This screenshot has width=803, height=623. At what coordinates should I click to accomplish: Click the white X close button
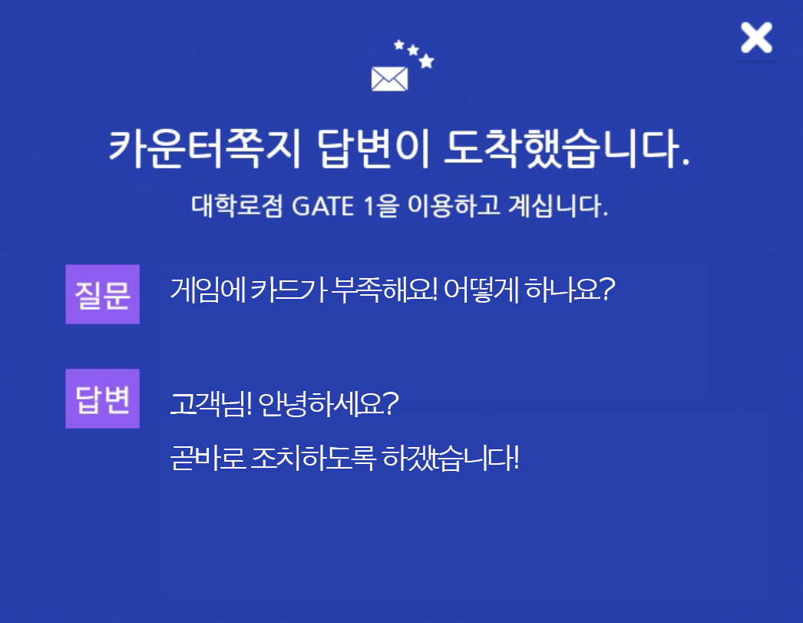pos(756,38)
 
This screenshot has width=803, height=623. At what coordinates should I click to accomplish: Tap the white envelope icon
pos(390,79)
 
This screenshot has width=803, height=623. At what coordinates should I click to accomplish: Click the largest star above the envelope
pos(426,61)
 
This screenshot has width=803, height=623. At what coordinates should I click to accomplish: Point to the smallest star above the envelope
pos(399,45)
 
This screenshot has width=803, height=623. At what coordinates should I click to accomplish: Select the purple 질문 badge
pos(102,294)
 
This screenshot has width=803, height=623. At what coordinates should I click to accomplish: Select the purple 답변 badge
pos(102,399)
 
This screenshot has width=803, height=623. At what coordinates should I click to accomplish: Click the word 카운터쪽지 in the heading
pos(204,148)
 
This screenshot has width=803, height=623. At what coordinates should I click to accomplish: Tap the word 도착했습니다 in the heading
pos(567,148)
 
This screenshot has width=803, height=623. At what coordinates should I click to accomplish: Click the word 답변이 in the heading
pos(373,148)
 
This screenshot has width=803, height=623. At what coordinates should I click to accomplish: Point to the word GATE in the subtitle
pos(322,207)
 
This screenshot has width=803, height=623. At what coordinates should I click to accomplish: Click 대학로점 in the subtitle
pos(236,206)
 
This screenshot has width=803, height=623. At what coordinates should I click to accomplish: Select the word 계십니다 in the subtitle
pos(558,206)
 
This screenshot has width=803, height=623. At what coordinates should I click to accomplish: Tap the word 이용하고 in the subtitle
pos(454,206)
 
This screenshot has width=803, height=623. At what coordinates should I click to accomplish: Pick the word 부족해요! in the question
pos(384,290)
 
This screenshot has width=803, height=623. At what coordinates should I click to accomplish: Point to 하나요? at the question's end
pos(570,290)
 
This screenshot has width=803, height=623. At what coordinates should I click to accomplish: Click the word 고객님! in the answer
pos(211,404)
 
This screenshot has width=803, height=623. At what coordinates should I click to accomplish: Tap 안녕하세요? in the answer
pos(329,404)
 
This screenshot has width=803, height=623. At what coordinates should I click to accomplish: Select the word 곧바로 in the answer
pos(208,458)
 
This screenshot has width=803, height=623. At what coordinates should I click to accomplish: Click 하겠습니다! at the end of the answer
pos(451,458)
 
